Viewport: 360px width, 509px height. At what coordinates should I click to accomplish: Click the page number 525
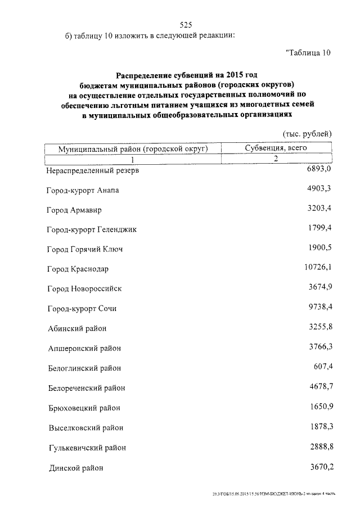(186, 24)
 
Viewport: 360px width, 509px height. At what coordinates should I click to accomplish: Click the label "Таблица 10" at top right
(308, 53)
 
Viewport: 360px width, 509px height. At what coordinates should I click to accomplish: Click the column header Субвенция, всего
(276, 148)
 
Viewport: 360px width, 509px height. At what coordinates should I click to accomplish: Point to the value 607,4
(323, 367)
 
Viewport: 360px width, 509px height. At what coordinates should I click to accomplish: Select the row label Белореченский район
(85, 388)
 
